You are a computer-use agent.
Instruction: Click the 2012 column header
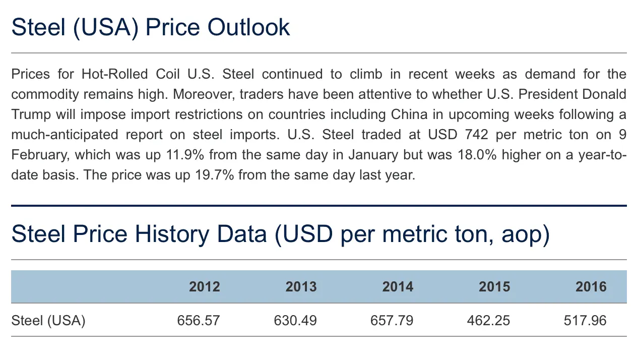point(204,287)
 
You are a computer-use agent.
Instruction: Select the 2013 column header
point(301,287)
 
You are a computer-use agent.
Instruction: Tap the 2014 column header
point(398,287)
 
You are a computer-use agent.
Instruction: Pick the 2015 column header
point(494,287)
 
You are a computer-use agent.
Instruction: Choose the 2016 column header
point(591,287)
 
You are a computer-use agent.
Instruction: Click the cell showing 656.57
point(199,320)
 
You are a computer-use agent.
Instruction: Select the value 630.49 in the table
point(295,320)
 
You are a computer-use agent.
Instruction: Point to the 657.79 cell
point(392,320)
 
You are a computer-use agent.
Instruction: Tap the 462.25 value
point(488,320)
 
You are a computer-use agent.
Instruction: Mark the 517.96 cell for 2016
point(585,320)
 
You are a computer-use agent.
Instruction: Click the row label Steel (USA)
point(48,320)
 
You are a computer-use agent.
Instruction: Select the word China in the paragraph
point(410,114)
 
